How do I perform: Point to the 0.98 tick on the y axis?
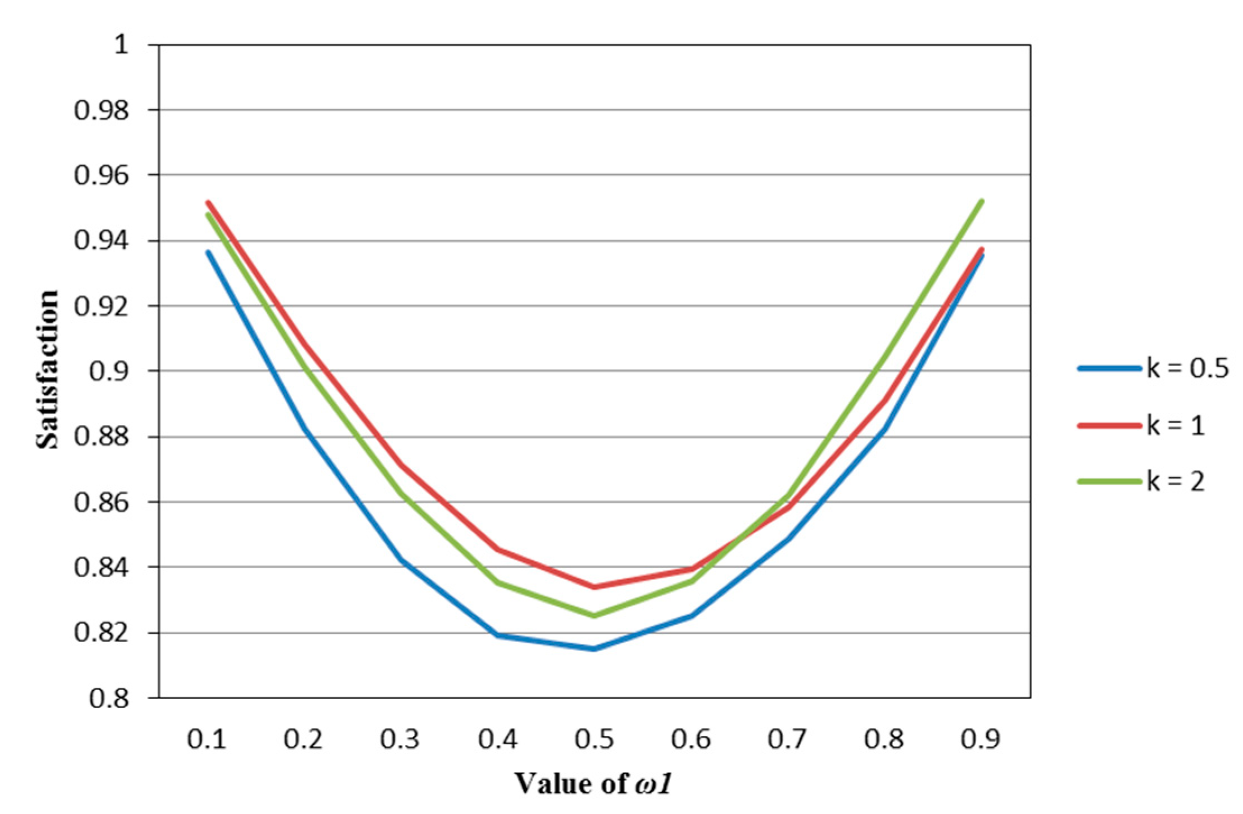click(101, 110)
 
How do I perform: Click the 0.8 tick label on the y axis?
click(109, 699)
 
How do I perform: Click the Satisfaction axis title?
click(47, 370)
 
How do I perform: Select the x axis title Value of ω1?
click(593, 784)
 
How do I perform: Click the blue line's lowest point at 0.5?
click(594, 649)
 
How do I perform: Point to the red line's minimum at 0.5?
click(594, 587)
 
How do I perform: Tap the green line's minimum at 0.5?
click(594, 616)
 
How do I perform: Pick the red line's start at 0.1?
click(208, 202)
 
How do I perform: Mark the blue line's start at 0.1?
click(208, 252)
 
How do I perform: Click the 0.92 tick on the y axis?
click(101, 307)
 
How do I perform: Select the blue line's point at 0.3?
click(401, 559)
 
